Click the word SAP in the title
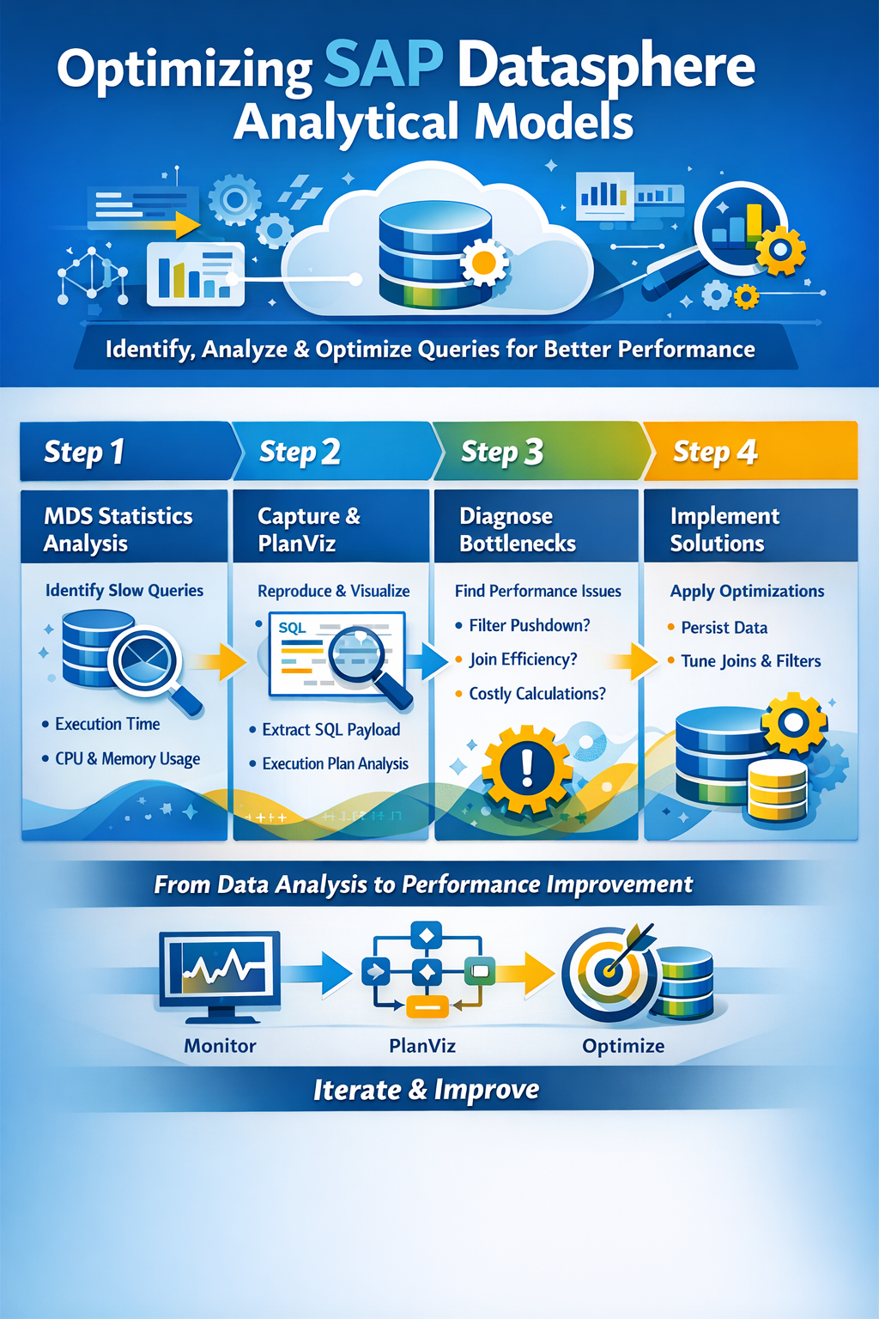(383, 64)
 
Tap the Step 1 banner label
(84, 453)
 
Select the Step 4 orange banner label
(715, 453)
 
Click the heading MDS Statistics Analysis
(118, 529)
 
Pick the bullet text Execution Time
(107, 724)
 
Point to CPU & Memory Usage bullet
(127, 759)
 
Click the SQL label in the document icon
(292, 627)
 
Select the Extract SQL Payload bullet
(330, 730)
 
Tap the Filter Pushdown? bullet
(530, 625)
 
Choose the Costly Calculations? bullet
(537, 694)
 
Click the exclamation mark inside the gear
(528, 767)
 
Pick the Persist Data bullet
(724, 628)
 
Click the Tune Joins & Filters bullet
(750, 661)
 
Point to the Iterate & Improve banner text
(427, 1090)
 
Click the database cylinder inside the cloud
(436, 254)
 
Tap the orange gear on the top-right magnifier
(780, 250)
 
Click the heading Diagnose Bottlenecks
(518, 529)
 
